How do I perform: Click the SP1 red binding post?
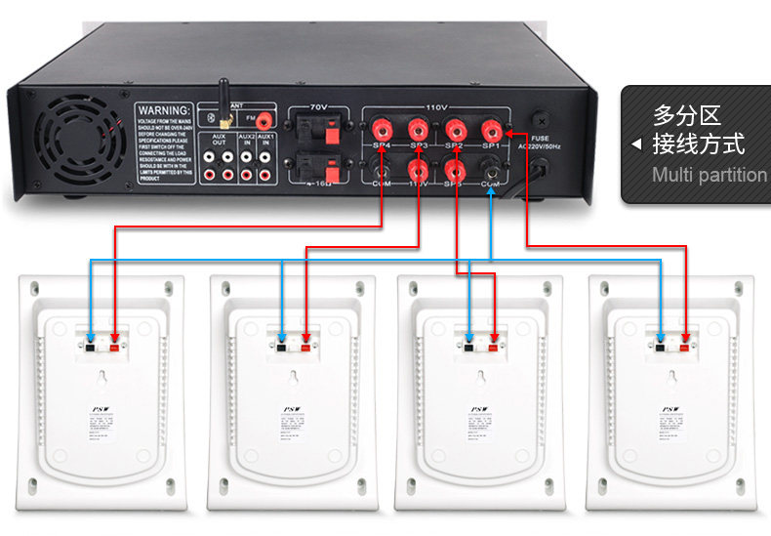pos(491,128)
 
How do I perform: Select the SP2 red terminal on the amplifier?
pos(455,128)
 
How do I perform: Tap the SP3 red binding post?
pos(419,128)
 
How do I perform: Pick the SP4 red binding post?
pos(382,128)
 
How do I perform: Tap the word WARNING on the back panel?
pos(163,109)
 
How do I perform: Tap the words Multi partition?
pos(710,176)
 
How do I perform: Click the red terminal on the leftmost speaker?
pos(115,345)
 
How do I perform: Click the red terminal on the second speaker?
pos(305,345)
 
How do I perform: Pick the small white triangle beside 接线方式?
pos(636,144)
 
